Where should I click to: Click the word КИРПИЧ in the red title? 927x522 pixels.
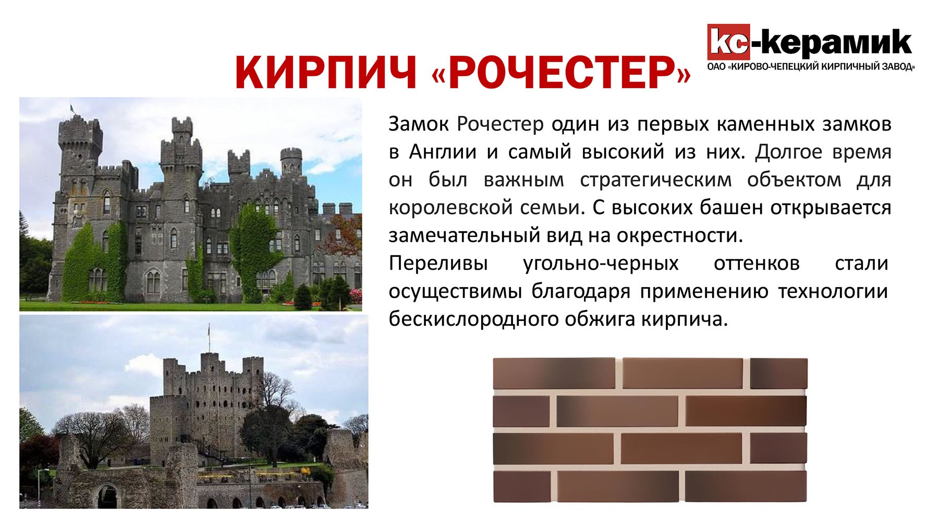[326, 72]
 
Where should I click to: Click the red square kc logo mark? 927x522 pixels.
[728, 42]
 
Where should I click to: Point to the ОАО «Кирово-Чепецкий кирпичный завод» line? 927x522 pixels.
[811, 67]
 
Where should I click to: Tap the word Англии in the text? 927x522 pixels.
[443, 152]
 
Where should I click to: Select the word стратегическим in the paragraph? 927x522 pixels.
[655, 180]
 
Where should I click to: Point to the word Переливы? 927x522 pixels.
[438, 263]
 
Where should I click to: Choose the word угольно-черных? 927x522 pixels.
[601, 263]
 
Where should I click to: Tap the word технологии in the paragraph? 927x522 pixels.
[833, 291]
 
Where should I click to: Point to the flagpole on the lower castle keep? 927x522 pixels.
[210, 338]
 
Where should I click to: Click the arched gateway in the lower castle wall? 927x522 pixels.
[107, 496]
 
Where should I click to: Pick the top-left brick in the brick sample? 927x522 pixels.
[555, 373]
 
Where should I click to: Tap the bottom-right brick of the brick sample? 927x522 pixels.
[746, 487]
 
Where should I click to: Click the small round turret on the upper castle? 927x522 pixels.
[291, 162]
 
